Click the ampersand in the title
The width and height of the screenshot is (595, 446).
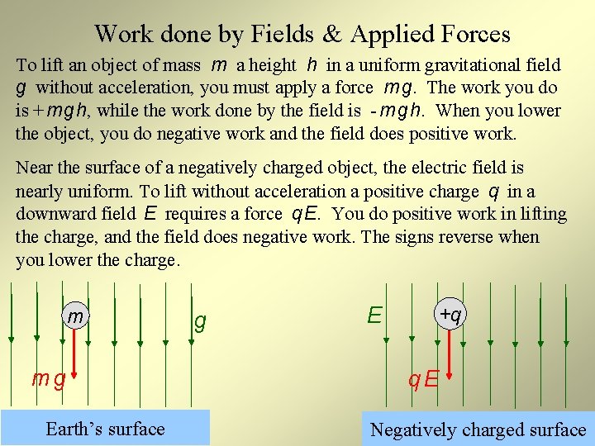[332, 34]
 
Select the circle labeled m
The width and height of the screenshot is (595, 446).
[75, 316]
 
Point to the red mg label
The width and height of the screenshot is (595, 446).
[47, 379]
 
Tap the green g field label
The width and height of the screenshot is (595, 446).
[199, 321]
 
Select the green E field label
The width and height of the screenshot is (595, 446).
[375, 315]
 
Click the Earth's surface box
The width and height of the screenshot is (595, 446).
[105, 428]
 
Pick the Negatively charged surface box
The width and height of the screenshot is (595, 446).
[478, 429]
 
